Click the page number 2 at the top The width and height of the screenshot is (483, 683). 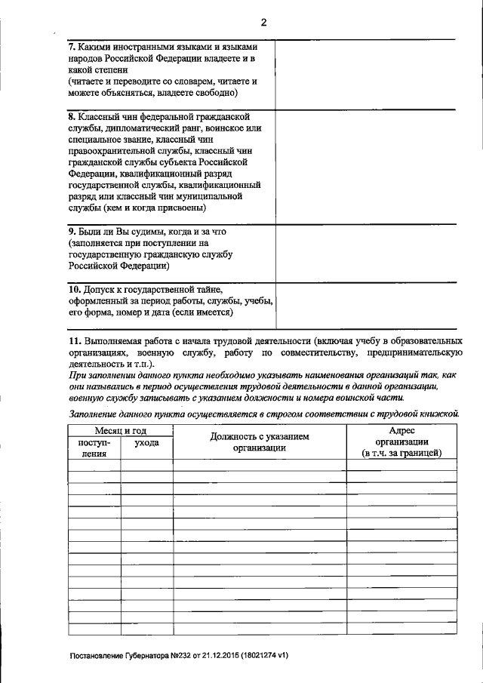click(x=263, y=22)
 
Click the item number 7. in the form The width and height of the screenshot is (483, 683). click(x=72, y=45)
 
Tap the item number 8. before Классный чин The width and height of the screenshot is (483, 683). click(x=72, y=117)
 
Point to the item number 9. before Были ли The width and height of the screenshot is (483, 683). click(x=72, y=232)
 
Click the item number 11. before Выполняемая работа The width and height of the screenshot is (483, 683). click(x=75, y=341)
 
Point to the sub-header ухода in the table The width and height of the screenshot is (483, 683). click(x=146, y=443)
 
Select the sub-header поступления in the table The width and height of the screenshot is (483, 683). click(x=94, y=448)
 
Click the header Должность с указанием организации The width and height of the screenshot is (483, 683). click(x=260, y=441)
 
